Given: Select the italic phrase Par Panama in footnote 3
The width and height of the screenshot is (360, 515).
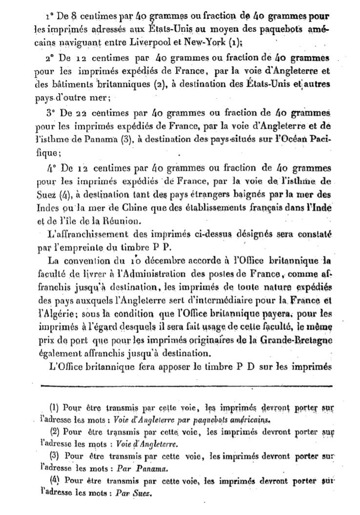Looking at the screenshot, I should pyautogui.click(x=140, y=469).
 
